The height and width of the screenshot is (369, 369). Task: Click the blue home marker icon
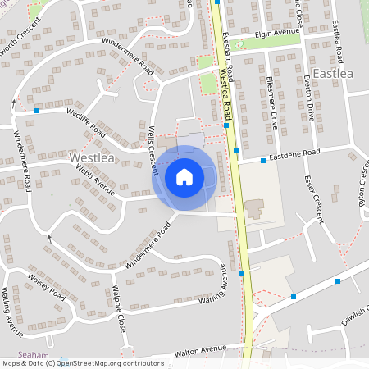coord(184,176)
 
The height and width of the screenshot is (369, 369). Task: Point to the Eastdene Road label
coord(295,155)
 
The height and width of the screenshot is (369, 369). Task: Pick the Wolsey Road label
coord(45,280)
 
